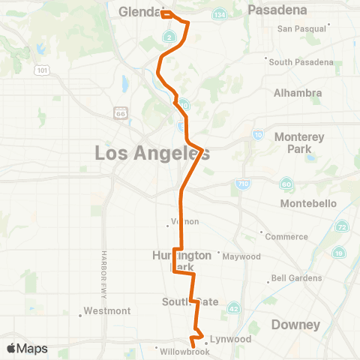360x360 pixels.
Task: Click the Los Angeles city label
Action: click(152, 153)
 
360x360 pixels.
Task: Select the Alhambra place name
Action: click(298, 93)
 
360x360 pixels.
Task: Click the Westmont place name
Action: click(107, 310)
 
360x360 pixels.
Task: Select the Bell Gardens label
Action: click(297, 278)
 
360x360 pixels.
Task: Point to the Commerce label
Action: click(287, 237)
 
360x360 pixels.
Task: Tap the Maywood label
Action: click(241, 256)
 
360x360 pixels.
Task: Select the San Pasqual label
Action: click(303, 28)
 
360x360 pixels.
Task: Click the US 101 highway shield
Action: click(40, 70)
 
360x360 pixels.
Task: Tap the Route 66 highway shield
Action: click(121, 112)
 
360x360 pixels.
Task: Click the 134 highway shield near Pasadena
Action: click(219, 15)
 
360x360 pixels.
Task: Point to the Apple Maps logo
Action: click(27, 349)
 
